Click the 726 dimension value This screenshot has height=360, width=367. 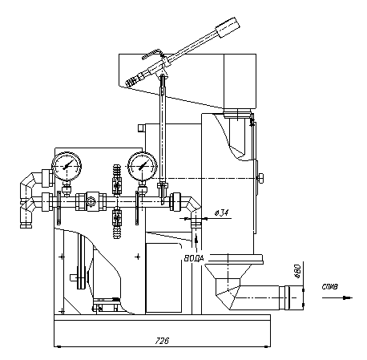point(162,341)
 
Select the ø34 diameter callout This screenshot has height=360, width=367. point(221,213)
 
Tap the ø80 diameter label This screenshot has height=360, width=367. point(298,271)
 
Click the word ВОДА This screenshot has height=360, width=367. point(194,258)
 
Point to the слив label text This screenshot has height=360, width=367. point(329,287)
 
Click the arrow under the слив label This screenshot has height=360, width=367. point(337,297)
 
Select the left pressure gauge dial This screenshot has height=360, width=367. point(67,167)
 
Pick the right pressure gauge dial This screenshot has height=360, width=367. point(143,167)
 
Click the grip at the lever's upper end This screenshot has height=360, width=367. point(228,27)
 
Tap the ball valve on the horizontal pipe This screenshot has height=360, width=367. point(91,201)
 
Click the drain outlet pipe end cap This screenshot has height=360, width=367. point(294,297)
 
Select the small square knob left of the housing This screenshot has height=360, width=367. point(141,127)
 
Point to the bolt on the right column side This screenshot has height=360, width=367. point(260,178)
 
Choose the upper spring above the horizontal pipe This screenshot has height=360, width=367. point(117,171)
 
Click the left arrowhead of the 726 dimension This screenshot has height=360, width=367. point(58,347)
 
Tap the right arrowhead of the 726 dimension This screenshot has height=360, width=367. point(266,347)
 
